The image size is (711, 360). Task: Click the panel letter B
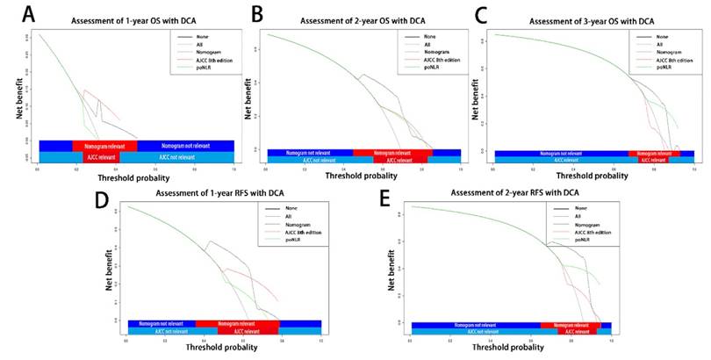tap(258, 15)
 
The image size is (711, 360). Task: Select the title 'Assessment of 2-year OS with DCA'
tap(362, 19)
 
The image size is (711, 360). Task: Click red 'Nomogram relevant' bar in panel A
tap(104, 145)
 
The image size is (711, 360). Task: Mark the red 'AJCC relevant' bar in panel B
tap(400, 161)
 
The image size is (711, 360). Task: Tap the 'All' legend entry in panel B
tap(427, 45)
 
